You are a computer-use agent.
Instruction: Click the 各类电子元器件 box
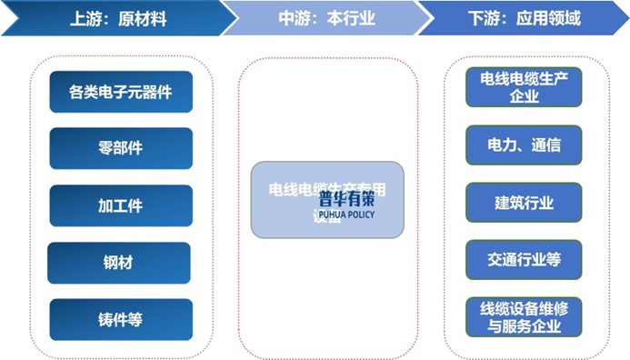pos(121,92)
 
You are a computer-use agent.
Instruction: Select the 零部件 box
pos(121,148)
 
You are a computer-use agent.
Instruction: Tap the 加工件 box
pos(121,205)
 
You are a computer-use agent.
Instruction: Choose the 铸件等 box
pos(121,319)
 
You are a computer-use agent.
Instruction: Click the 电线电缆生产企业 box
pos(524,88)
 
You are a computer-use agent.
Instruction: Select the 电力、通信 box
pos(524,145)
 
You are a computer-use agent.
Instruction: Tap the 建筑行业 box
pos(524,203)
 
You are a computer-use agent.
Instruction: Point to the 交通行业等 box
pos(524,260)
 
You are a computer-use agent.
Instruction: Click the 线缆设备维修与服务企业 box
pos(524,316)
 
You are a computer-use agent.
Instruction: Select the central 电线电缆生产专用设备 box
pos(327,200)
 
